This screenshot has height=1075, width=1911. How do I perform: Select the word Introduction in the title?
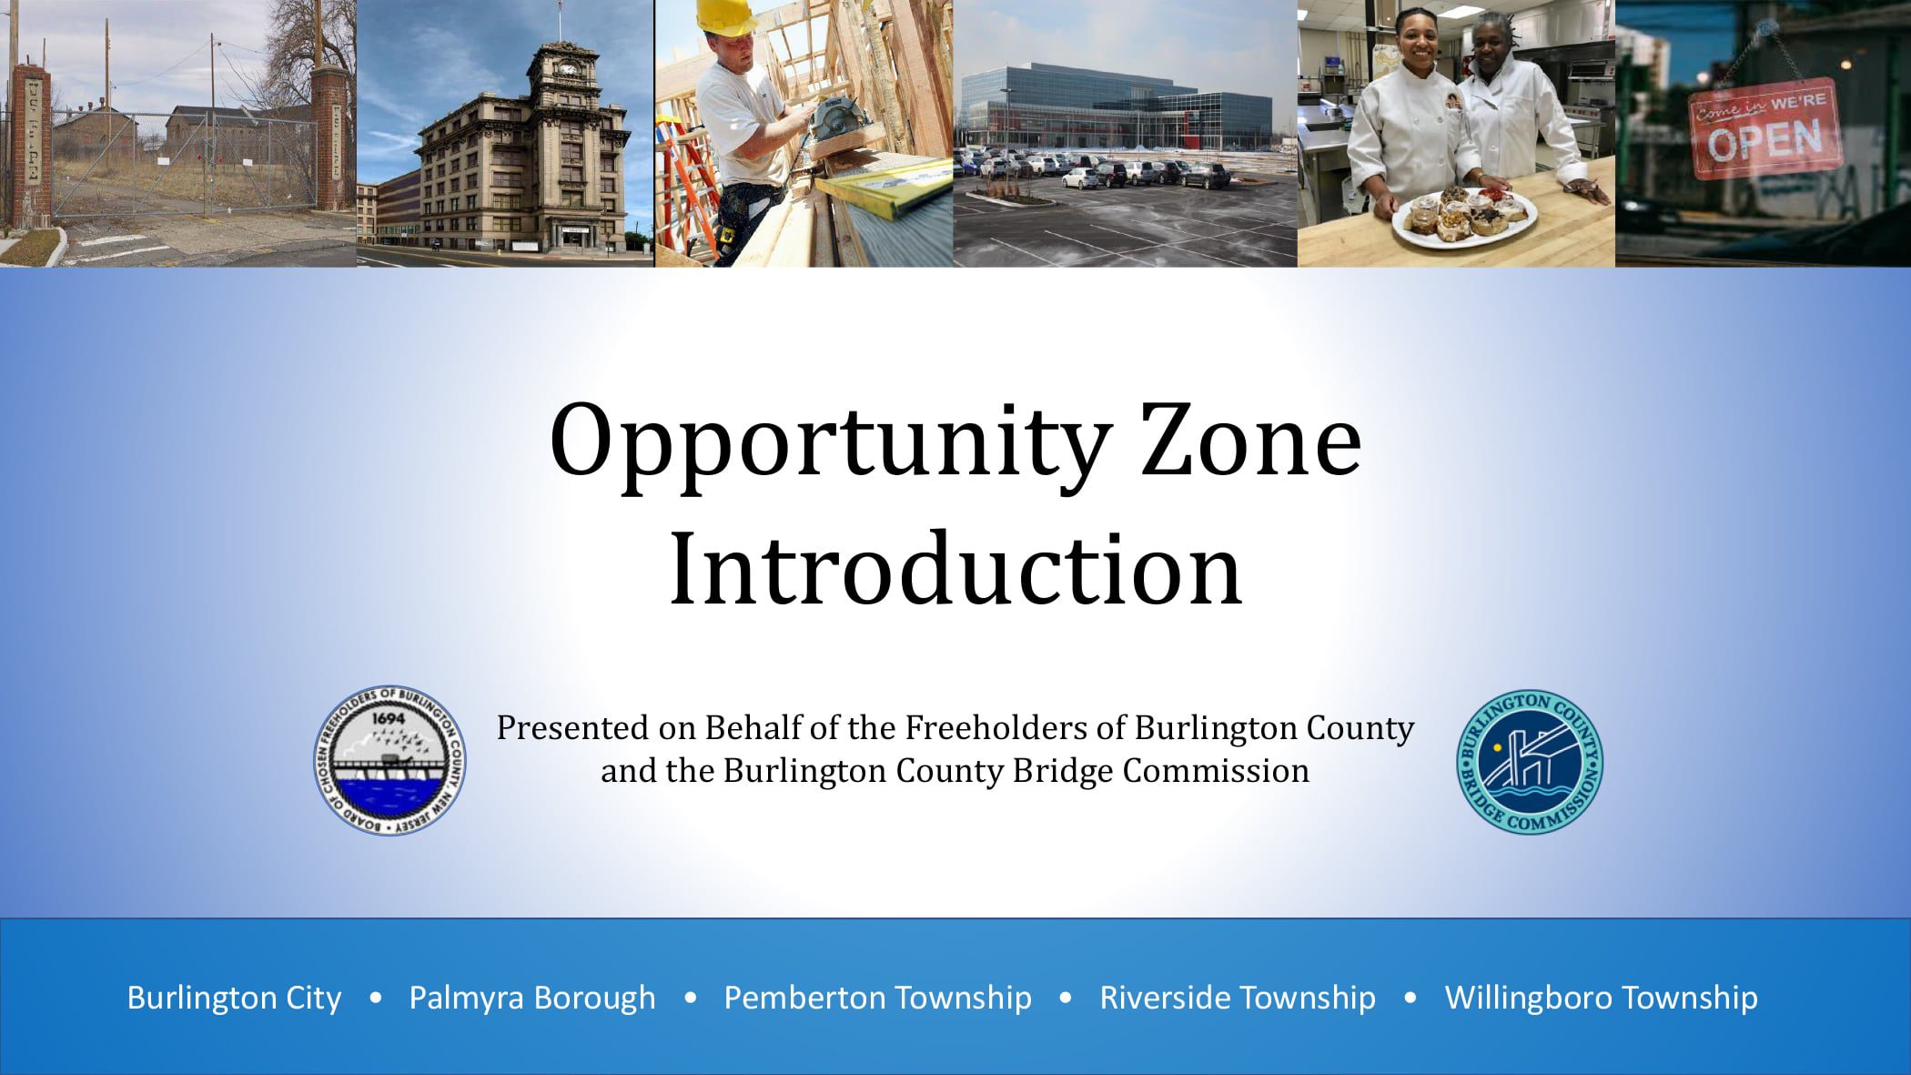[x=955, y=569]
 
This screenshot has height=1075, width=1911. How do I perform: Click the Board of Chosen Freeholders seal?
[x=390, y=761]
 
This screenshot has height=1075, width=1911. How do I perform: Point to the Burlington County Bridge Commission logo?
[x=1530, y=761]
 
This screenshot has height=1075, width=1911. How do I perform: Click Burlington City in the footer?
[x=234, y=998]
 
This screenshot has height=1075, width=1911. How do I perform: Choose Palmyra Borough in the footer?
[x=532, y=998]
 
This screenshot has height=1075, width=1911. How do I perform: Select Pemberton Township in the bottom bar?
[x=877, y=998]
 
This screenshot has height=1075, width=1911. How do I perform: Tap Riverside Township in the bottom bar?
[x=1238, y=998]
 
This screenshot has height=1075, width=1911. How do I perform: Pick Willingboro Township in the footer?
[x=1601, y=998]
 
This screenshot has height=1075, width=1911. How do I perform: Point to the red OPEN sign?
[x=1764, y=129]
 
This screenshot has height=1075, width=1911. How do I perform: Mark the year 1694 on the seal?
[x=389, y=718]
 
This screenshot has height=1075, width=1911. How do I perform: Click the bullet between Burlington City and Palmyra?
[x=375, y=998]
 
